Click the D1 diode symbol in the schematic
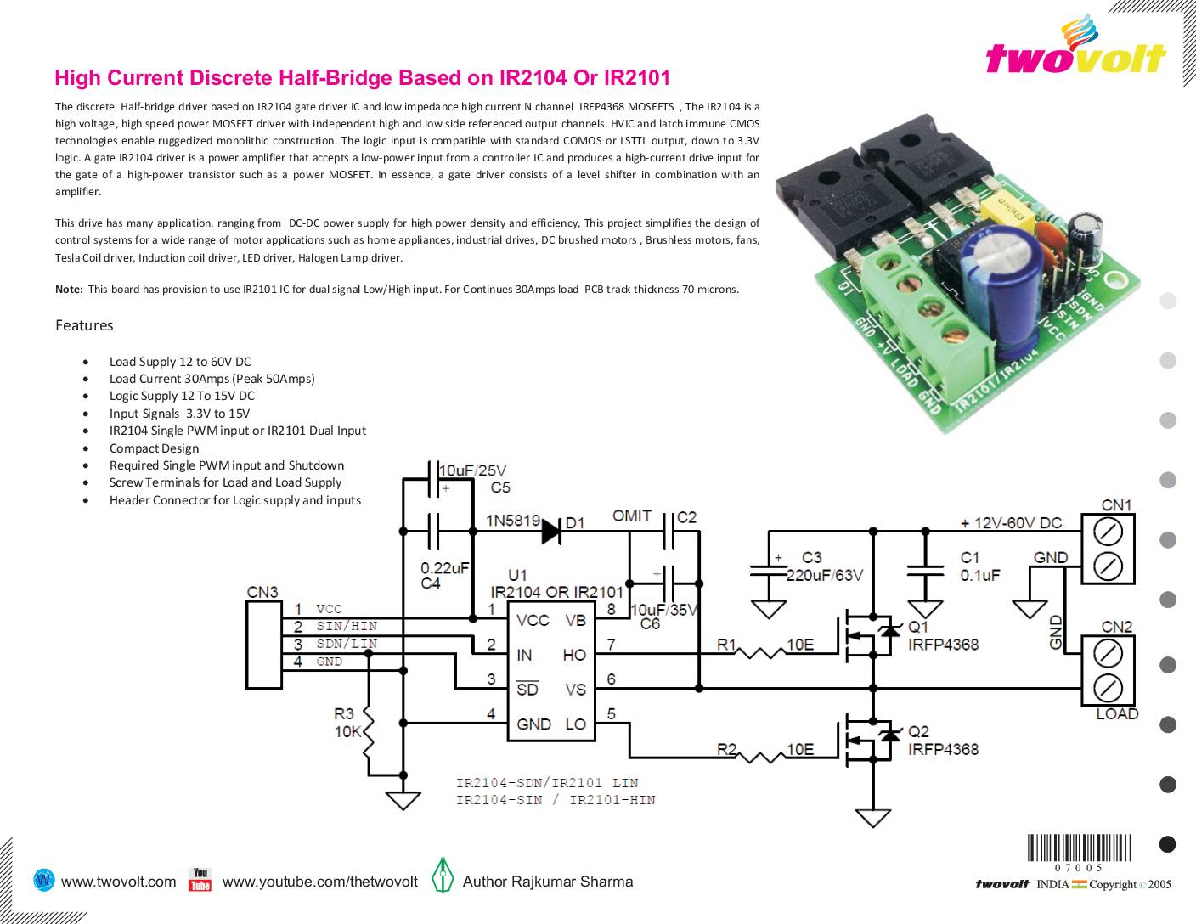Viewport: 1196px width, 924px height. [x=551, y=531]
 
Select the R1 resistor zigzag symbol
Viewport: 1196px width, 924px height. [x=761, y=653]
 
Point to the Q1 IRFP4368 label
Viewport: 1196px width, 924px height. [x=943, y=636]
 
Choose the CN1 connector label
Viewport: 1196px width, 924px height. [x=1116, y=505]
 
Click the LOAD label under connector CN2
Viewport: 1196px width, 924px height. [x=1116, y=714]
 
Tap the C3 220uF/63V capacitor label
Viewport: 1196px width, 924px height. [x=823, y=566]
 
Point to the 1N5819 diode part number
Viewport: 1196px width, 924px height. [x=511, y=520]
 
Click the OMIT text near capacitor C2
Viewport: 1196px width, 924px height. [x=632, y=516]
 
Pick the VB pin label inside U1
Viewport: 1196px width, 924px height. [x=575, y=621]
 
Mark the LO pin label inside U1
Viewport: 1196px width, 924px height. [x=575, y=724]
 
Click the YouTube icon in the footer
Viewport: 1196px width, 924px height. [x=200, y=880]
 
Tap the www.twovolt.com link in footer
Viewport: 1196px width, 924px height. [x=119, y=882]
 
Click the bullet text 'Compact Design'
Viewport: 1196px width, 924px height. [x=154, y=448]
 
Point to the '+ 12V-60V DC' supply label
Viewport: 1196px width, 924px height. [x=1010, y=523]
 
